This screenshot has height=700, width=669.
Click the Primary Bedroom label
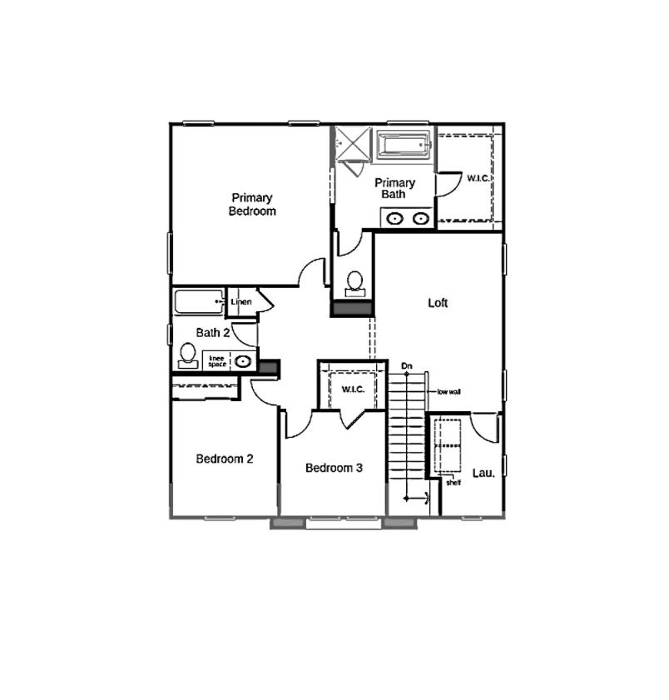[x=252, y=205]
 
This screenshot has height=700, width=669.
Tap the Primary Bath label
[x=394, y=188]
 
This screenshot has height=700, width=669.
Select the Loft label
[x=438, y=303]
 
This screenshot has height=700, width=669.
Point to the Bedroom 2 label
[x=225, y=459]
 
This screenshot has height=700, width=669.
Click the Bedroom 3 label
[x=334, y=468]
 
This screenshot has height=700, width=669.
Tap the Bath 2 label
[x=213, y=332]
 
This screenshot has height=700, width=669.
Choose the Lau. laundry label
[x=483, y=473]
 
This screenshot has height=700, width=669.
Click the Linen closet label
[x=241, y=301]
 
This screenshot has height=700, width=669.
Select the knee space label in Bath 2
[x=217, y=360]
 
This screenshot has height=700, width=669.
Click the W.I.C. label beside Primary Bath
[x=478, y=178]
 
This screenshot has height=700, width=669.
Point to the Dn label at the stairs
[x=407, y=365]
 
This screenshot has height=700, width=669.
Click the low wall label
[x=448, y=391]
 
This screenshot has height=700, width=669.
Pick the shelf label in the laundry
[x=453, y=482]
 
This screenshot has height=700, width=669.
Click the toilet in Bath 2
[x=188, y=355]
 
